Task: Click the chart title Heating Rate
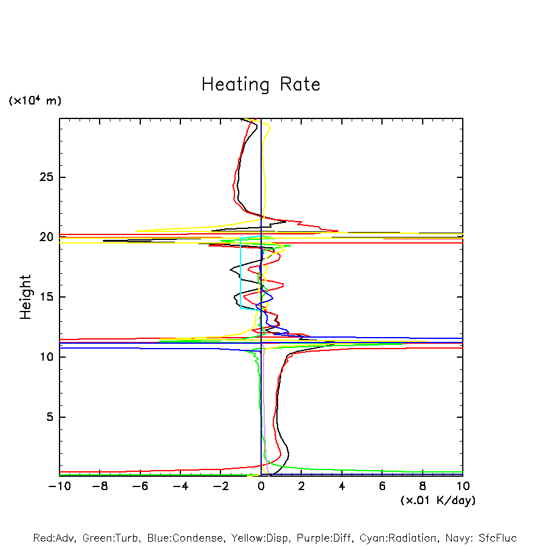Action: click(261, 84)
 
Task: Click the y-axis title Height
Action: click(26, 297)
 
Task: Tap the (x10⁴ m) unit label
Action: click(35, 101)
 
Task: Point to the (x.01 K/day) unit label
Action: click(437, 500)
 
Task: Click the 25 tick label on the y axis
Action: click(47, 177)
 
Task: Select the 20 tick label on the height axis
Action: click(47, 237)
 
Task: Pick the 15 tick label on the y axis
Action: click(47, 297)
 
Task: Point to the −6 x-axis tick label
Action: click(140, 486)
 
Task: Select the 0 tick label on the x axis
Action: click(261, 486)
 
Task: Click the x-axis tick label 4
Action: click(342, 486)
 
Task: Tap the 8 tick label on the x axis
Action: click(423, 486)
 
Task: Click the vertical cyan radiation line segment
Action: click(241, 273)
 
